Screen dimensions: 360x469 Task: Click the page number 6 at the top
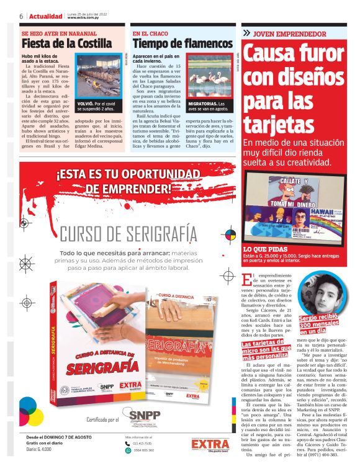21,16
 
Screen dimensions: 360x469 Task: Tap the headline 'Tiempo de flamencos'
182,44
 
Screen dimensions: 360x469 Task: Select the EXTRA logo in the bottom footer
210,444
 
